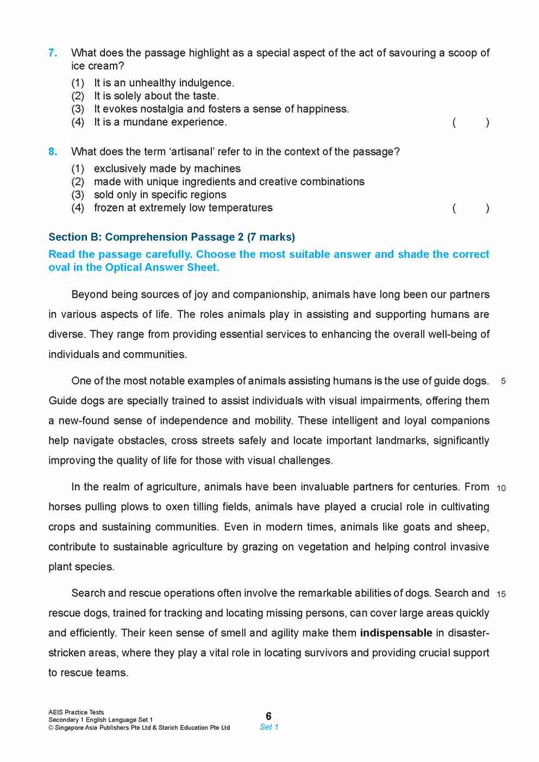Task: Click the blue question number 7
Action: click(x=53, y=53)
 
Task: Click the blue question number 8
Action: click(x=53, y=152)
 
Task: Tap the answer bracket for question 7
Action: click(x=471, y=122)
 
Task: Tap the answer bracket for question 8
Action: click(x=471, y=208)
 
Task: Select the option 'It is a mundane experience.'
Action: click(x=160, y=122)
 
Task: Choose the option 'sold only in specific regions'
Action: click(x=160, y=195)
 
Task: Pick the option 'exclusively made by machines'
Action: click(x=167, y=168)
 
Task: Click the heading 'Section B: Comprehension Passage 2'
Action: click(x=172, y=237)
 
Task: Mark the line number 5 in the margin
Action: click(x=503, y=381)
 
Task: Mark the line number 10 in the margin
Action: click(x=501, y=488)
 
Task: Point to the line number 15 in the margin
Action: click(x=501, y=594)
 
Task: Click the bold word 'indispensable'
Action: click(x=396, y=633)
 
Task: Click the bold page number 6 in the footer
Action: click(x=268, y=716)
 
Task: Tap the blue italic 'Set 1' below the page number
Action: click(x=269, y=727)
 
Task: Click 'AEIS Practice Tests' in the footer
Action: click(x=76, y=712)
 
